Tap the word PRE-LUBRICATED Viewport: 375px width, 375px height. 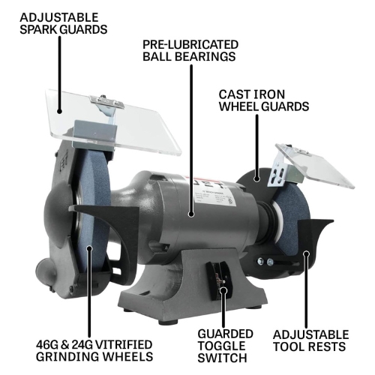[x=190, y=45]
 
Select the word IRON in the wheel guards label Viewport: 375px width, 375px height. [x=269, y=94]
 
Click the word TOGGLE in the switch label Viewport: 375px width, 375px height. [x=221, y=346]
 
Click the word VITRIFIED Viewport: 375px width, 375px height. [x=123, y=345]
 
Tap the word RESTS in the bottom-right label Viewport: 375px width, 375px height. [x=327, y=347]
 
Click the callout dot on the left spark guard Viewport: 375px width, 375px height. [x=59, y=111]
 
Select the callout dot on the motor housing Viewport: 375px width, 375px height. [x=191, y=214]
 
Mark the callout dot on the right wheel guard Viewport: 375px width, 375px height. [x=256, y=178]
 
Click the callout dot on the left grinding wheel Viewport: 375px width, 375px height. [x=89, y=248]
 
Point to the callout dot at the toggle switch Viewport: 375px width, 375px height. [x=223, y=290]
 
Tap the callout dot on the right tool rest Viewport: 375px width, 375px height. [x=306, y=254]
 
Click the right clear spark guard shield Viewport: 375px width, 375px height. [x=316, y=165]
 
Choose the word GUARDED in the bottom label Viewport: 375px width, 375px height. [x=225, y=334]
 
